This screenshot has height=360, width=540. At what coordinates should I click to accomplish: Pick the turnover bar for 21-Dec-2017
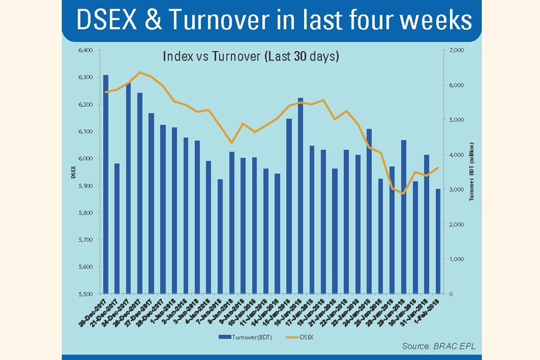[118, 229]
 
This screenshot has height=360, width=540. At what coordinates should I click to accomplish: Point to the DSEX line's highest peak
[140, 73]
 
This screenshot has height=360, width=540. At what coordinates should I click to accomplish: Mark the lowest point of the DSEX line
[403, 194]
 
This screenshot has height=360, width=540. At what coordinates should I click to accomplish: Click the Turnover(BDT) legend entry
[245, 337]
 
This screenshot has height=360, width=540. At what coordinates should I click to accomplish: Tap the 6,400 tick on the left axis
[85, 50]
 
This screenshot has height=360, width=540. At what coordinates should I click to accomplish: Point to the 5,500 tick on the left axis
[85, 294]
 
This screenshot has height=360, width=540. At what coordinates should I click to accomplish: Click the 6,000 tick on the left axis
[85, 158]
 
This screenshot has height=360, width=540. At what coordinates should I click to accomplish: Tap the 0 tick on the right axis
[451, 294]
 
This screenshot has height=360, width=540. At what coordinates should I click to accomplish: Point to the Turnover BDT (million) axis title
[472, 172]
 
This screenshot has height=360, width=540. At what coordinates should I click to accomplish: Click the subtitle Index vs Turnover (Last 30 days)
[251, 57]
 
